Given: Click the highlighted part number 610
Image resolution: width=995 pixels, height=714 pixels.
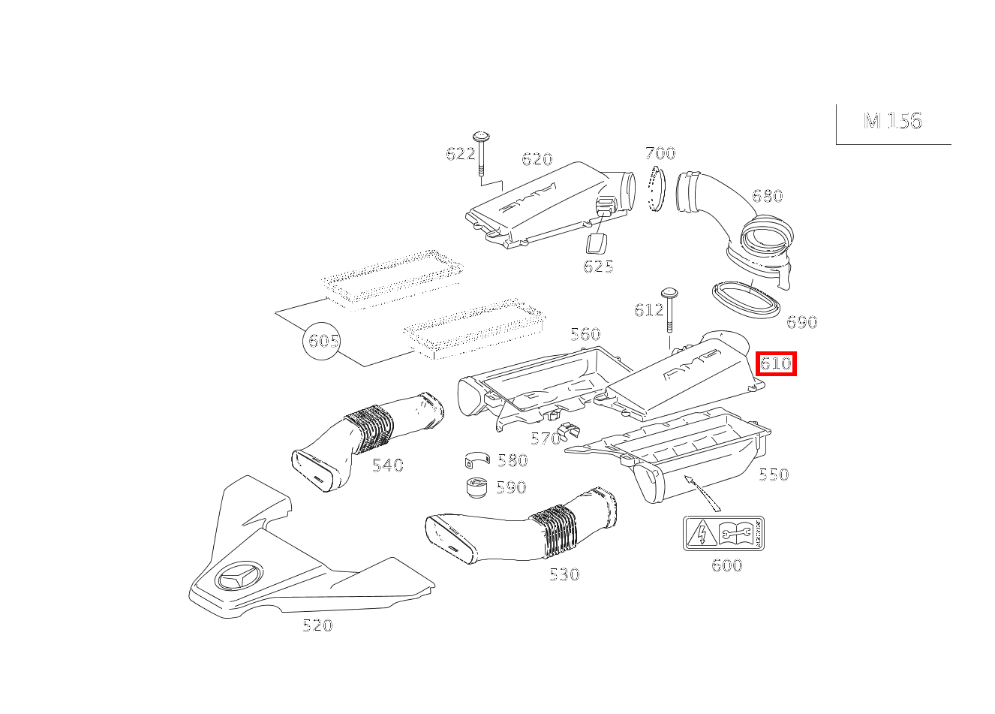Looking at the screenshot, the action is tap(776, 363).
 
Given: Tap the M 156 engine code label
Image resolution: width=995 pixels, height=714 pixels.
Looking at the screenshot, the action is tap(893, 121).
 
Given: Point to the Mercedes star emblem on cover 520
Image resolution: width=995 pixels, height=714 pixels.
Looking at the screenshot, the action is tap(239, 578).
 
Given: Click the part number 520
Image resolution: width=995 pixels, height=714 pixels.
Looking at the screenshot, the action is tap(317, 625).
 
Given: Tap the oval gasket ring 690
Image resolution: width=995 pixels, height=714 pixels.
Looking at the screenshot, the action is tap(746, 300).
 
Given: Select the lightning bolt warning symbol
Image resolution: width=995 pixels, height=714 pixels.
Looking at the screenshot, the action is tap(701, 534).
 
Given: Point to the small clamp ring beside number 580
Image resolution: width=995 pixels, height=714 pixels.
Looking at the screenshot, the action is tap(477, 459).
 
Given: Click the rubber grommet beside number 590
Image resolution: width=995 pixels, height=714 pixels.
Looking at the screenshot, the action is tap(476, 487).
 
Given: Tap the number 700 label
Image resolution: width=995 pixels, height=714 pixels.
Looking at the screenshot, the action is tap(660, 153).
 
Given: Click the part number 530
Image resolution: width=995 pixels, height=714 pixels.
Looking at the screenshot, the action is tap(564, 574).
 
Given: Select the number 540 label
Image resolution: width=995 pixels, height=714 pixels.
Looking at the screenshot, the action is tap(388, 465).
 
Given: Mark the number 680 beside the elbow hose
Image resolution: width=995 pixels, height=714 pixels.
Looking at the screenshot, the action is tap(768, 196).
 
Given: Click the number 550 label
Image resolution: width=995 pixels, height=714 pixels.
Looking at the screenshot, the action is tap(774, 474).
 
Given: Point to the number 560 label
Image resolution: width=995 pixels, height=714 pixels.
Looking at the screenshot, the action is tap(585, 333).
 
